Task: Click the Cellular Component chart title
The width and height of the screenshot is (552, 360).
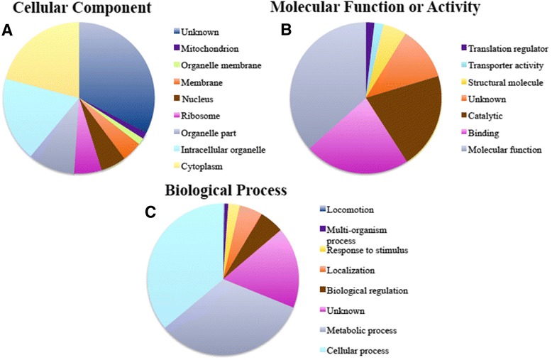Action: click(x=80, y=9)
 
